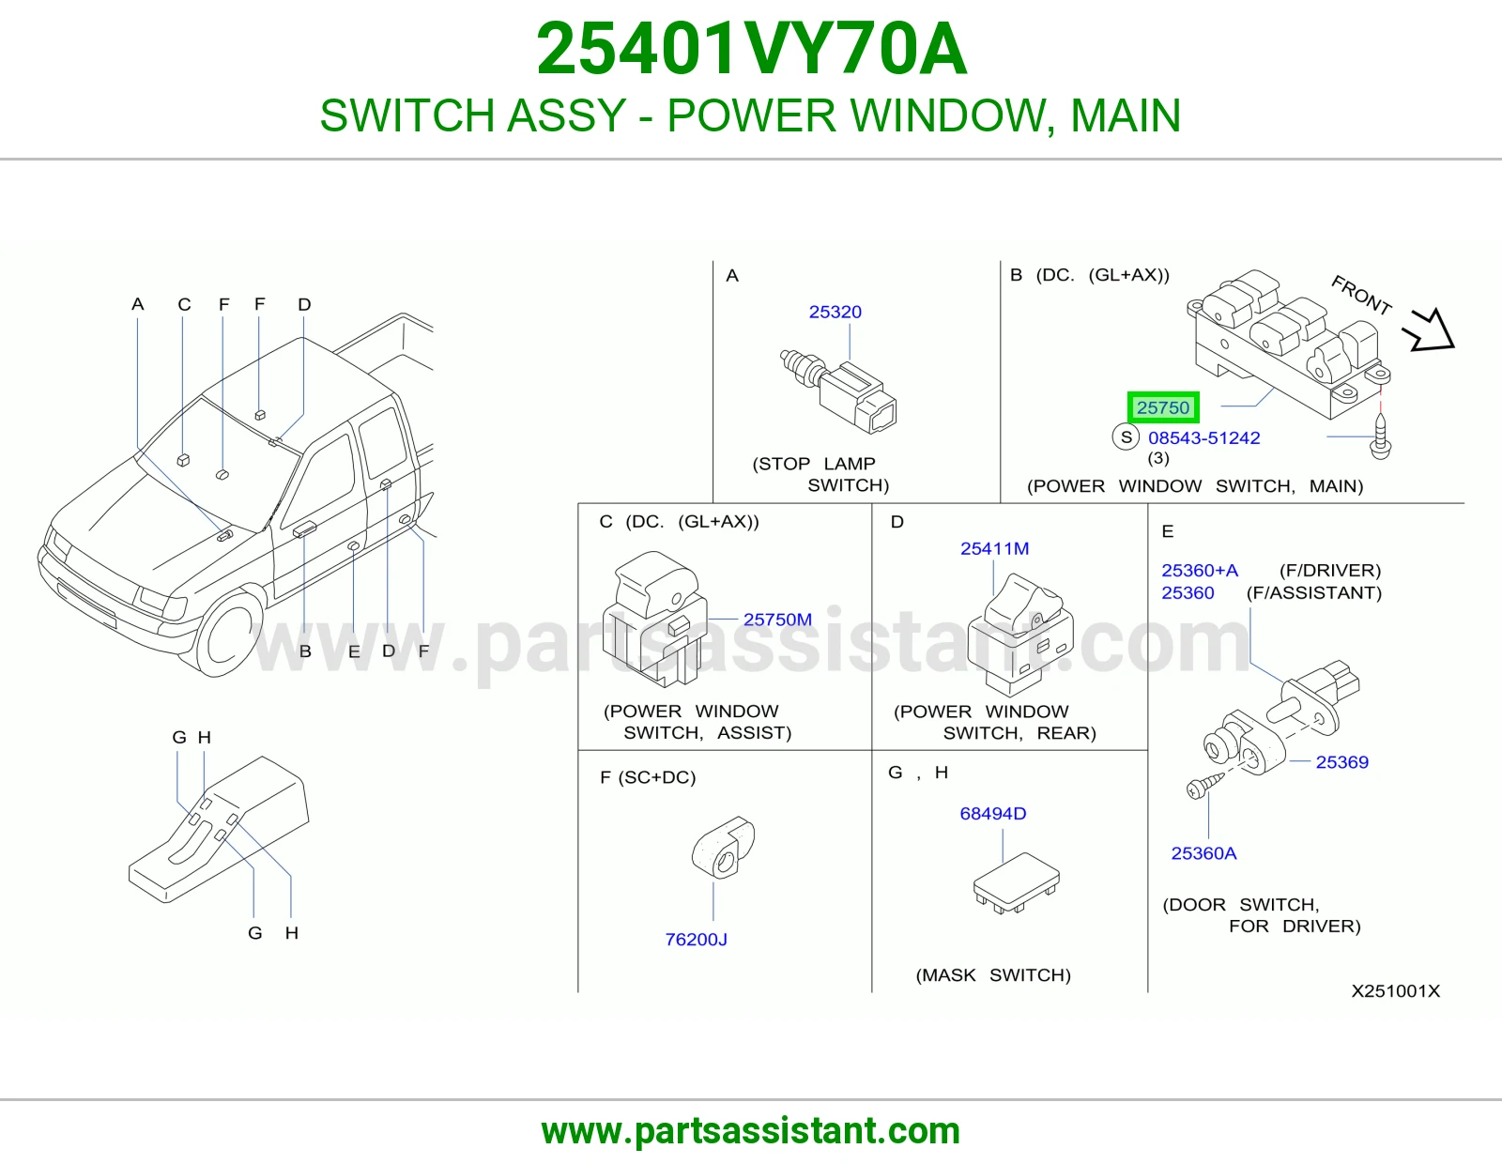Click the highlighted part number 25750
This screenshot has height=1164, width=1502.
pos(1162,407)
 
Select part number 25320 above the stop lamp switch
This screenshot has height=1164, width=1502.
pos(835,312)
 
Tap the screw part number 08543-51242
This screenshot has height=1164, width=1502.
pos(1203,437)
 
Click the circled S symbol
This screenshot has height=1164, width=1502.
pos(1126,436)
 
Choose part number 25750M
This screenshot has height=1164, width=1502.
pos(777,620)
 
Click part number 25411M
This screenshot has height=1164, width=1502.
pos(994,548)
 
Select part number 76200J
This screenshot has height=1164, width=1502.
pos(696,940)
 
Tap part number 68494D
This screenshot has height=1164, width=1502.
pos(992,814)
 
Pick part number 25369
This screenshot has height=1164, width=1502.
pos(1341,761)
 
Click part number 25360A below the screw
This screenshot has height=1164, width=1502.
pos(1203,853)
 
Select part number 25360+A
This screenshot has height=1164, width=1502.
pos(1199,570)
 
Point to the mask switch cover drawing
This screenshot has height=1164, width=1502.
pos(1016,883)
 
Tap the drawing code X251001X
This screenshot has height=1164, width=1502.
pos(1396,991)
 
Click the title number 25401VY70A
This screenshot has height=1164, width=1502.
pos(751,49)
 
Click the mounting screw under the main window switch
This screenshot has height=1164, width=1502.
pos(1380,436)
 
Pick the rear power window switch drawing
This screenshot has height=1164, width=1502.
pos(1020,634)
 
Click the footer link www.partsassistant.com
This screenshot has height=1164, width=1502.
pos(751,1131)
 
